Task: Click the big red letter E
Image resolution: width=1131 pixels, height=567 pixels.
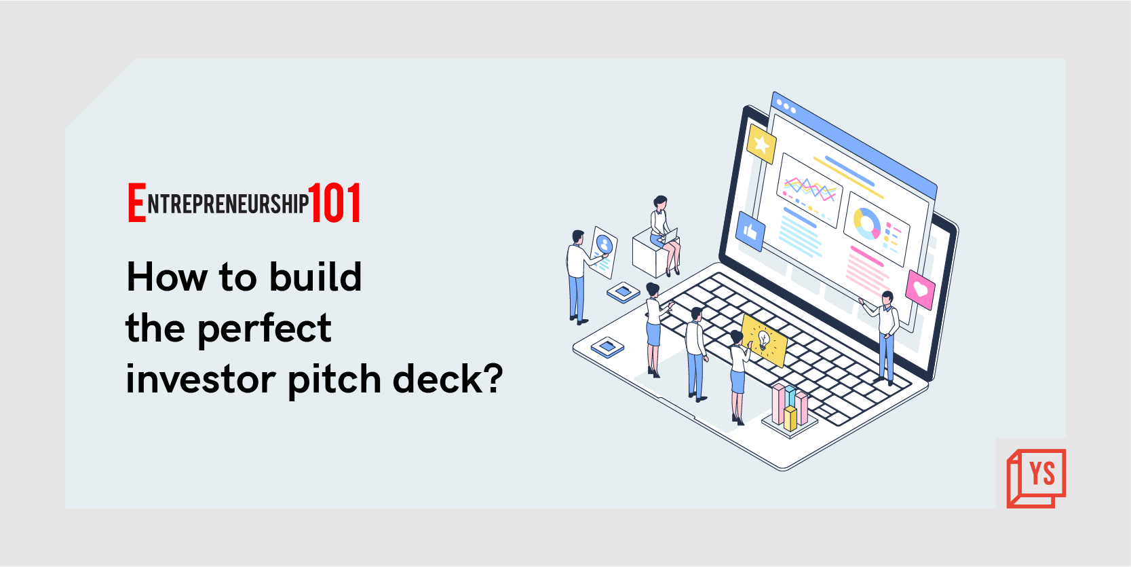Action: pos(136,202)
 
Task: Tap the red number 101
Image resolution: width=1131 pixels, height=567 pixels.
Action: pos(334,203)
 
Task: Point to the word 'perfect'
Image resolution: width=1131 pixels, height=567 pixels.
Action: pos(265,329)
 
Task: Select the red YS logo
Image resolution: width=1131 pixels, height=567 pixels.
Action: pos(1036,477)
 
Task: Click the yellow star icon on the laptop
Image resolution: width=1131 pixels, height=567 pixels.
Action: pos(761,143)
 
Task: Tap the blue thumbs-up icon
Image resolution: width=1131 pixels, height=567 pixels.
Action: pos(750,232)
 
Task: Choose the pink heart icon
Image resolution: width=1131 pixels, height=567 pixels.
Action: pos(920,289)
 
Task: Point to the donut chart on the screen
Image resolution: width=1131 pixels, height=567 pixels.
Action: pos(866,223)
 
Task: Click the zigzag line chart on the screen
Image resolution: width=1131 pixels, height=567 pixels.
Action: pos(809,187)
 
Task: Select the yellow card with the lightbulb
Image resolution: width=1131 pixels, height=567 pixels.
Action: pos(765,340)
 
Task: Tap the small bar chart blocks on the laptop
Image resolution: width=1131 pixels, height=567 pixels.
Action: pos(790,407)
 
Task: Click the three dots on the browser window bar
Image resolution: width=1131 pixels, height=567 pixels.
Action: pos(786,106)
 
